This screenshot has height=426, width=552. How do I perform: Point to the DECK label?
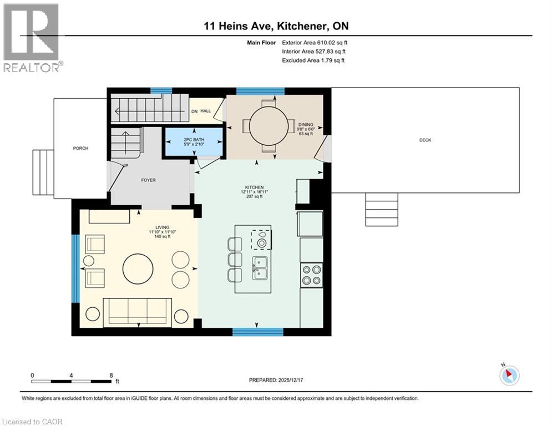[x=425, y=140]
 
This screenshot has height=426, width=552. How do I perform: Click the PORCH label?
[x=80, y=148]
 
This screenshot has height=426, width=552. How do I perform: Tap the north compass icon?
[x=509, y=376]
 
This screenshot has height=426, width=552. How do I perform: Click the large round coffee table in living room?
[x=138, y=269]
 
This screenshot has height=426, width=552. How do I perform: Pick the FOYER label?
[x=148, y=180]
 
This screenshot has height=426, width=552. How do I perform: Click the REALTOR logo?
[x=32, y=38]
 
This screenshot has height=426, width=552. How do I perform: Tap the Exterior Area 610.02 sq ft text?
[x=315, y=42]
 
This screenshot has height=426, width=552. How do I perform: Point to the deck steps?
[x=382, y=210]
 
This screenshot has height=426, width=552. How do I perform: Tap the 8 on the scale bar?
[x=111, y=376]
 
